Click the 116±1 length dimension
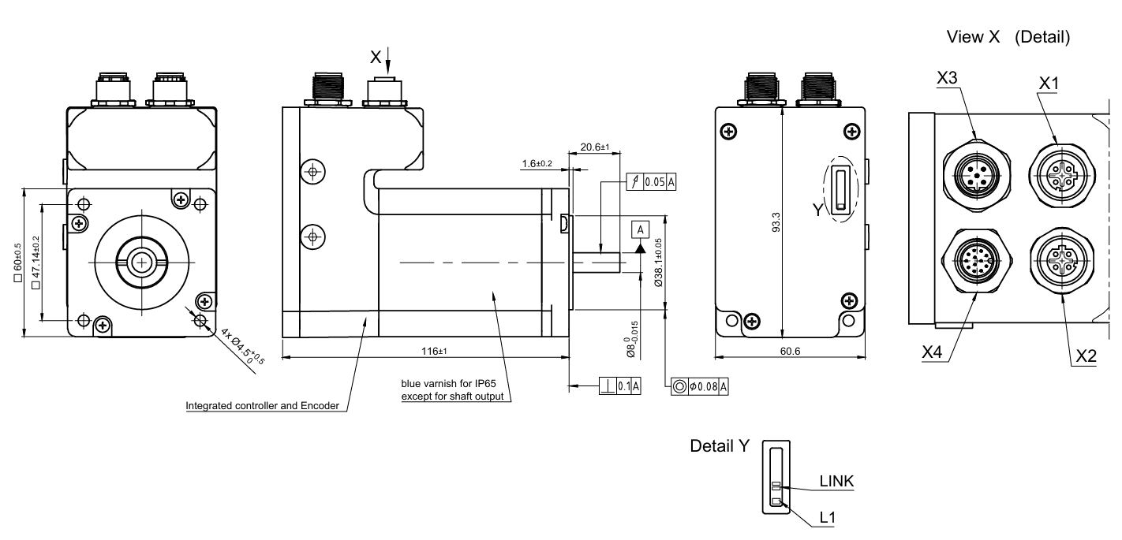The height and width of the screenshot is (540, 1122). [x=434, y=352]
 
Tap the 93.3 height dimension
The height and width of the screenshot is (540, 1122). [x=776, y=222]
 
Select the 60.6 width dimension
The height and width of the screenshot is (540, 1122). [x=790, y=352]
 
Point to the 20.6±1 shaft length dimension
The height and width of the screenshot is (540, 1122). [x=595, y=147]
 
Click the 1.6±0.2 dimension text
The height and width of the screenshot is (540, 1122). [x=537, y=164]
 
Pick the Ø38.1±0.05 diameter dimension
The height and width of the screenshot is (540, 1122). [x=658, y=263]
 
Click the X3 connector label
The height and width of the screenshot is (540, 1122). [x=947, y=77]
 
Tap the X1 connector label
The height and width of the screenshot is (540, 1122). [x=1049, y=83]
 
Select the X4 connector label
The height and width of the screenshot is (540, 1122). [x=932, y=352]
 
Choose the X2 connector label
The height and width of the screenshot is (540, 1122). [x=1086, y=356]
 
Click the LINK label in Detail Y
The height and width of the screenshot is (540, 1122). [x=836, y=481]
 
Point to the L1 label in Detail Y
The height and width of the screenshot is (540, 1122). [x=828, y=517]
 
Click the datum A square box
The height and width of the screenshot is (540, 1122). [x=640, y=229]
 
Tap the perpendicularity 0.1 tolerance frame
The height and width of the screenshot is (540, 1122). [x=619, y=385]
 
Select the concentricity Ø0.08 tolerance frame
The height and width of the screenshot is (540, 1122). [x=699, y=386]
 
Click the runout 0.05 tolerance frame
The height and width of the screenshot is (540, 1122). [x=651, y=182]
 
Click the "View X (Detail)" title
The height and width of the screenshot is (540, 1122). [x=1008, y=37]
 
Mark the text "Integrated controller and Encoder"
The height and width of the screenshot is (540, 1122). [x=263, y=406]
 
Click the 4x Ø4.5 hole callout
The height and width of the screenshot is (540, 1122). [x=242, y=346]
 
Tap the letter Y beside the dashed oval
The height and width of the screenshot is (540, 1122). [x=817, y=210]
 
